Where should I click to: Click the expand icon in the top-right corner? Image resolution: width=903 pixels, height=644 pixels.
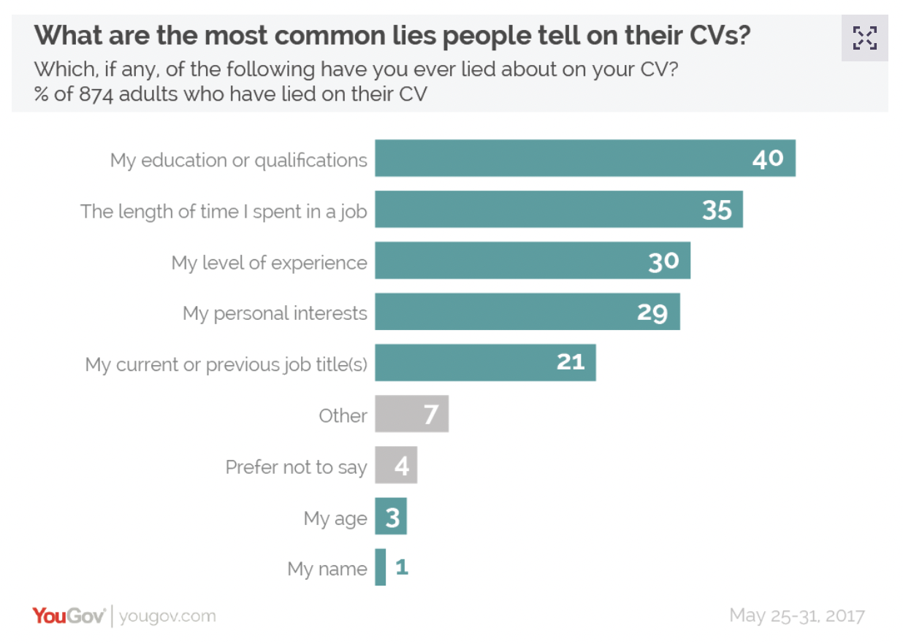[864, 37]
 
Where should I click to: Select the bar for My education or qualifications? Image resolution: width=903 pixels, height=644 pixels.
[584, 158]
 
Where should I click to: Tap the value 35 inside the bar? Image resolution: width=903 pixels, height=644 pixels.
[717, 210]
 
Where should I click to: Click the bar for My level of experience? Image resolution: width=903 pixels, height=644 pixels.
[532, 261]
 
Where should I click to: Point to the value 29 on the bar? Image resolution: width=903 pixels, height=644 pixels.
[652, 312]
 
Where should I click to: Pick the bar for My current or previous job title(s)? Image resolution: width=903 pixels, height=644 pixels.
[485, 363]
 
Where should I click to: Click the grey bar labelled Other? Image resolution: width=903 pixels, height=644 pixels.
[411, 414]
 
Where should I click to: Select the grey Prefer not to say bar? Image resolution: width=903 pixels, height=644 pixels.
[396, 465]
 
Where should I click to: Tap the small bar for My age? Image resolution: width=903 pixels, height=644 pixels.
[391, 516]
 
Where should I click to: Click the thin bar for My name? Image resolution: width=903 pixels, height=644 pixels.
[381, 567]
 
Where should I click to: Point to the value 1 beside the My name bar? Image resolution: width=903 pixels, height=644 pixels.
[402, 567]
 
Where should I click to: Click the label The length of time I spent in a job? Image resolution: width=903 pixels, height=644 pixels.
[224, 211]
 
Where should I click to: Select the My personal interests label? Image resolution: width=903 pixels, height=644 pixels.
[275, 313]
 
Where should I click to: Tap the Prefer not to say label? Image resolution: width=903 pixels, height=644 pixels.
[296, 467]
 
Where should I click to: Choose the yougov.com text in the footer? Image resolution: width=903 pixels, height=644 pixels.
[167, 616]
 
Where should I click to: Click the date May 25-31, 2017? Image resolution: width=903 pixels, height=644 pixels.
[796, 616]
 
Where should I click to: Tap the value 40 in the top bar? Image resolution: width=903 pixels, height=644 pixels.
[768, 158]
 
